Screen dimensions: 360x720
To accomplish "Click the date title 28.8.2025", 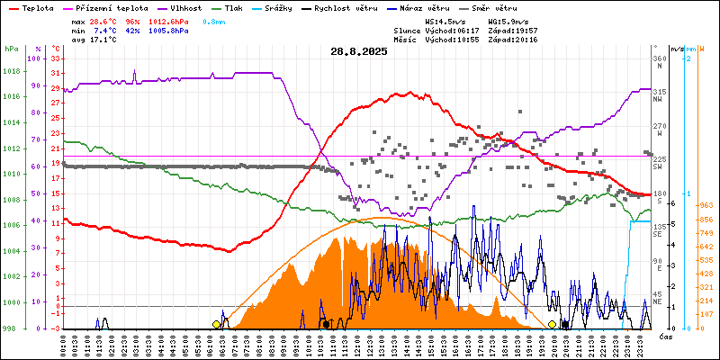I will point(358,52).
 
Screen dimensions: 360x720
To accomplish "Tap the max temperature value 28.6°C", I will point(103,21).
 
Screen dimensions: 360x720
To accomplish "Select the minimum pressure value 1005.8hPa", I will point(168,31).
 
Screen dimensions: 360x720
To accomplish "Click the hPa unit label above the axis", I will point(11,49).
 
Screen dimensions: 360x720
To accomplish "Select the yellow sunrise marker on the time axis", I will point(216,324).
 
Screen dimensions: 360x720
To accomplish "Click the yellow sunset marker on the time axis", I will point(552,324).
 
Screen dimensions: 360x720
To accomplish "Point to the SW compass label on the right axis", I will point(658,166).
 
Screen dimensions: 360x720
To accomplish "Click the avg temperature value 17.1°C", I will point(103,40).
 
